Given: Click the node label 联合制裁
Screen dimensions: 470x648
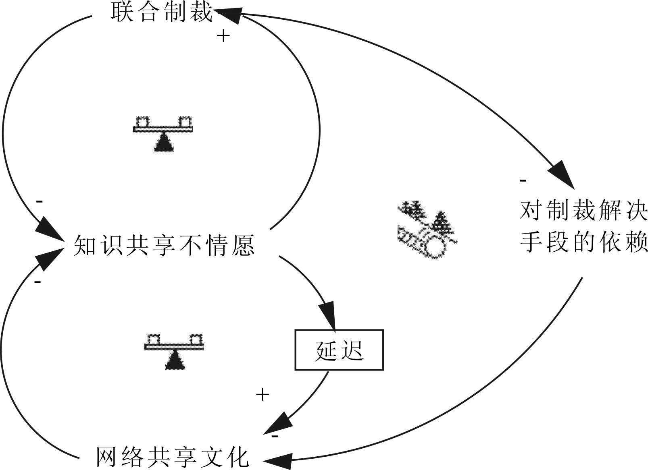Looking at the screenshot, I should tap(162, 12).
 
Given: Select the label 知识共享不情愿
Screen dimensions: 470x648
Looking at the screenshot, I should tap(164, 245).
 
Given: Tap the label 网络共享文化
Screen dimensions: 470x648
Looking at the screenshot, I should tap(173, 456).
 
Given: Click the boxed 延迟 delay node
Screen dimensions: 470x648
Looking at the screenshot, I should tap(339, 350).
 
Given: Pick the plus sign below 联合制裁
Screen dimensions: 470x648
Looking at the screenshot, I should tap(223, 36).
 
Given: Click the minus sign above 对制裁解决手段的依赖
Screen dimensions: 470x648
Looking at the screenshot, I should tap(523, 180).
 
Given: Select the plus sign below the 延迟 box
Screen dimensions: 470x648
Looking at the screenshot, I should tap(263, 395).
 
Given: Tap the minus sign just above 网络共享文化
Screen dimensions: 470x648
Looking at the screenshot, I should tap(275, 436).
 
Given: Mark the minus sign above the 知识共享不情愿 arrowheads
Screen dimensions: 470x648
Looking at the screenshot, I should tap(39, 201).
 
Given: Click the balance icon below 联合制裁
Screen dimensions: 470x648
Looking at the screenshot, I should tap(163, 133).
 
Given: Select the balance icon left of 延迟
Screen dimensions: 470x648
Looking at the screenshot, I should tap(175, 351).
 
